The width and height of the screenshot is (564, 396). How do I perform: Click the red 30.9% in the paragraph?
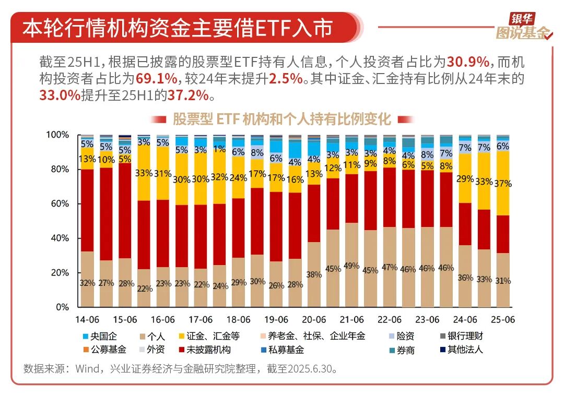point(468,62)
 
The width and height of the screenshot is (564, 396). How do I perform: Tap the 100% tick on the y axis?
point(57,135)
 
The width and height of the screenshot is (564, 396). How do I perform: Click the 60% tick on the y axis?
point(60,203)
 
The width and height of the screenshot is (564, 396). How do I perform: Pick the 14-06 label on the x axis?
point(87,319)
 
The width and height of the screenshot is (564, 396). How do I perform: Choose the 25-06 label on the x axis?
point(503,319)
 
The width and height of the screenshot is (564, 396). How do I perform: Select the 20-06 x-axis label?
point(314,319)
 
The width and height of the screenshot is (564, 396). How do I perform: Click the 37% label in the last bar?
point(503,184)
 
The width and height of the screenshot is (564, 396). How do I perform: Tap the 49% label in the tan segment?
point(351,266)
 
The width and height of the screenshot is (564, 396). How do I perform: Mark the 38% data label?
point(314,275)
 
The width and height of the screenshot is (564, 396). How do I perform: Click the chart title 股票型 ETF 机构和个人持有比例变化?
point(281,119)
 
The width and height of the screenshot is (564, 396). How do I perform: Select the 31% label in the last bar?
point(503,281)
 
